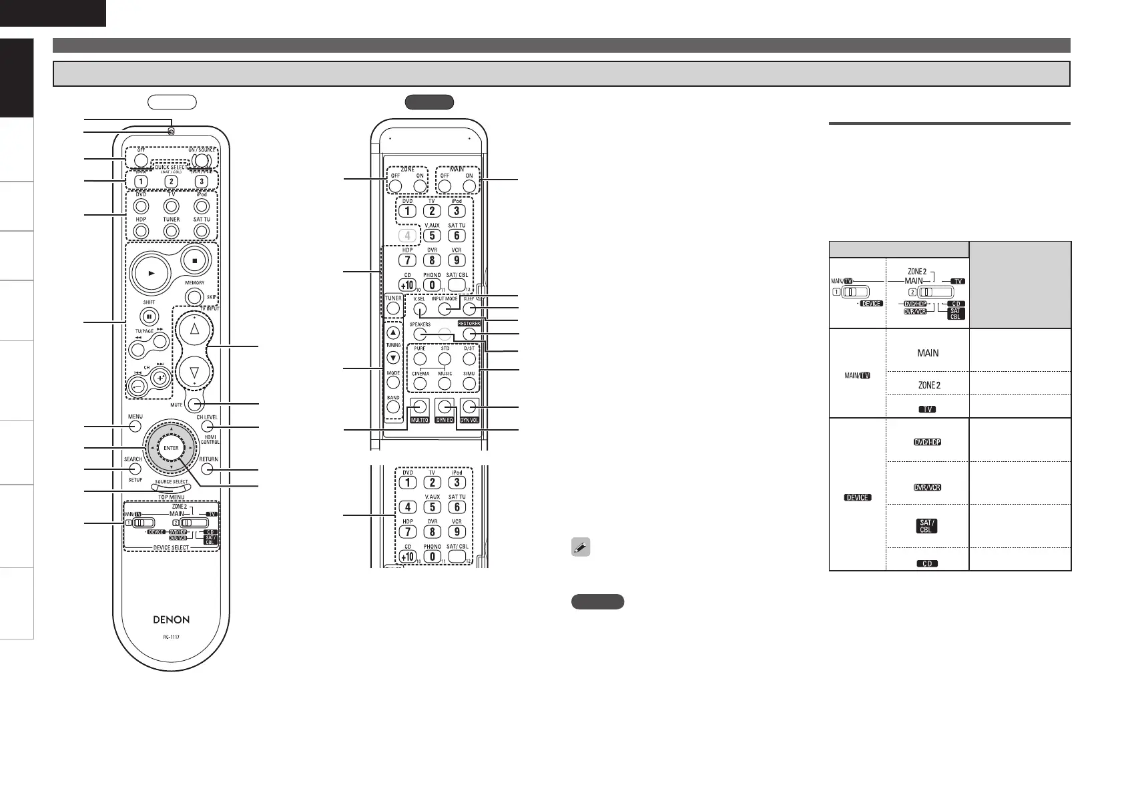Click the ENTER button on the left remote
(171, 448)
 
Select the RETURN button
(208, 469)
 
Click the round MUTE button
(194, 404)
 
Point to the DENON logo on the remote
(171, 619)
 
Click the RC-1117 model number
(171, 637)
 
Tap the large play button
(152, 274)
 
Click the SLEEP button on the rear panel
(469, 308)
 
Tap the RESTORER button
(469, 334)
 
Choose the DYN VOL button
(469, 406)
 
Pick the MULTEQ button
(419, 406)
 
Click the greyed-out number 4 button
(407, 236)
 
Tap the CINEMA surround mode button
(420, 384)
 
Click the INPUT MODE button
(445, 308)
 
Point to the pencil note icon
(581, 548)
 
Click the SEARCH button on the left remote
(135, 469)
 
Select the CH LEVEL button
(208, 426)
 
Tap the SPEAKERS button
(420, 334)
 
